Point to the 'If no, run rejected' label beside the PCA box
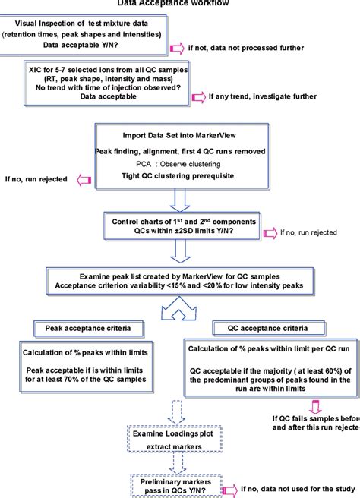click(33, 180)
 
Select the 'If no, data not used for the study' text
click(297, 490)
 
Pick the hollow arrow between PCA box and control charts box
click(179, 200)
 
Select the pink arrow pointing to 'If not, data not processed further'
click(178, 49)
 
